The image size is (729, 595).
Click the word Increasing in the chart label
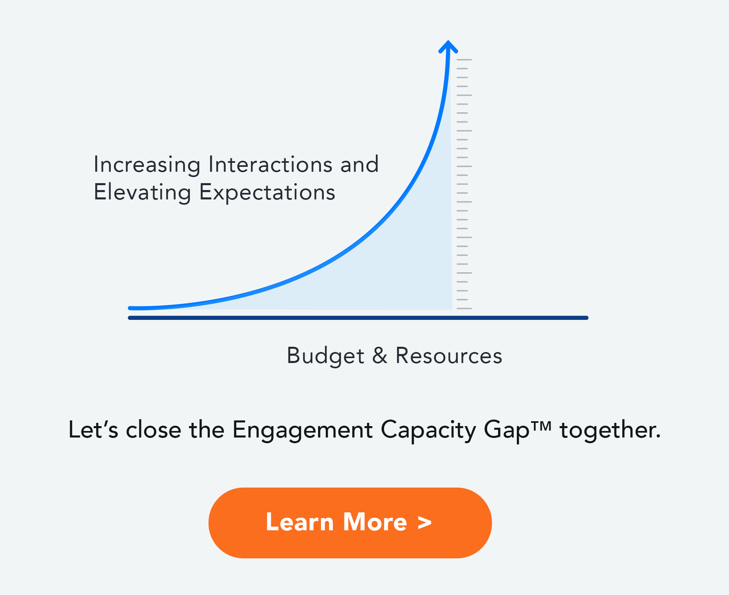[147, 165]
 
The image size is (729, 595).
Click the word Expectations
[267, 192]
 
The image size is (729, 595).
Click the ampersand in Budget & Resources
[380, 356]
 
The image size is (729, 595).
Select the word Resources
[449, 356]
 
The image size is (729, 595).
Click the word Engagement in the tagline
[302, 430]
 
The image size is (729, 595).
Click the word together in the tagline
[610, 430]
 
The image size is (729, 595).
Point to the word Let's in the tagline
[93, 430]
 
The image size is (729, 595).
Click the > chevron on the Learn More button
[424, 523]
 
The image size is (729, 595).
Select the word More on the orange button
[375, 522]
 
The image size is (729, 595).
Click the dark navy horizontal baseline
[358, 318]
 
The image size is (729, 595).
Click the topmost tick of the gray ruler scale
[464, 60]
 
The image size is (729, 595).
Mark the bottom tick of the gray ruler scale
[464, 308]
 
